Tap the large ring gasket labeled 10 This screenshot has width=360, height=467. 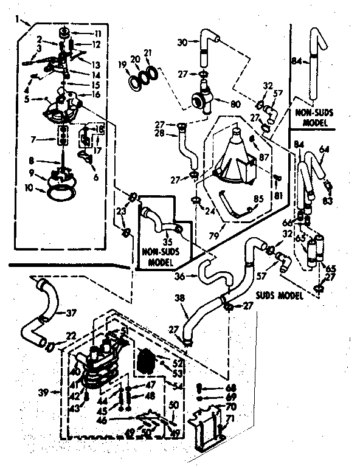tap(59, 194)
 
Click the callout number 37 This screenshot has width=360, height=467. tap(71, 313)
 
